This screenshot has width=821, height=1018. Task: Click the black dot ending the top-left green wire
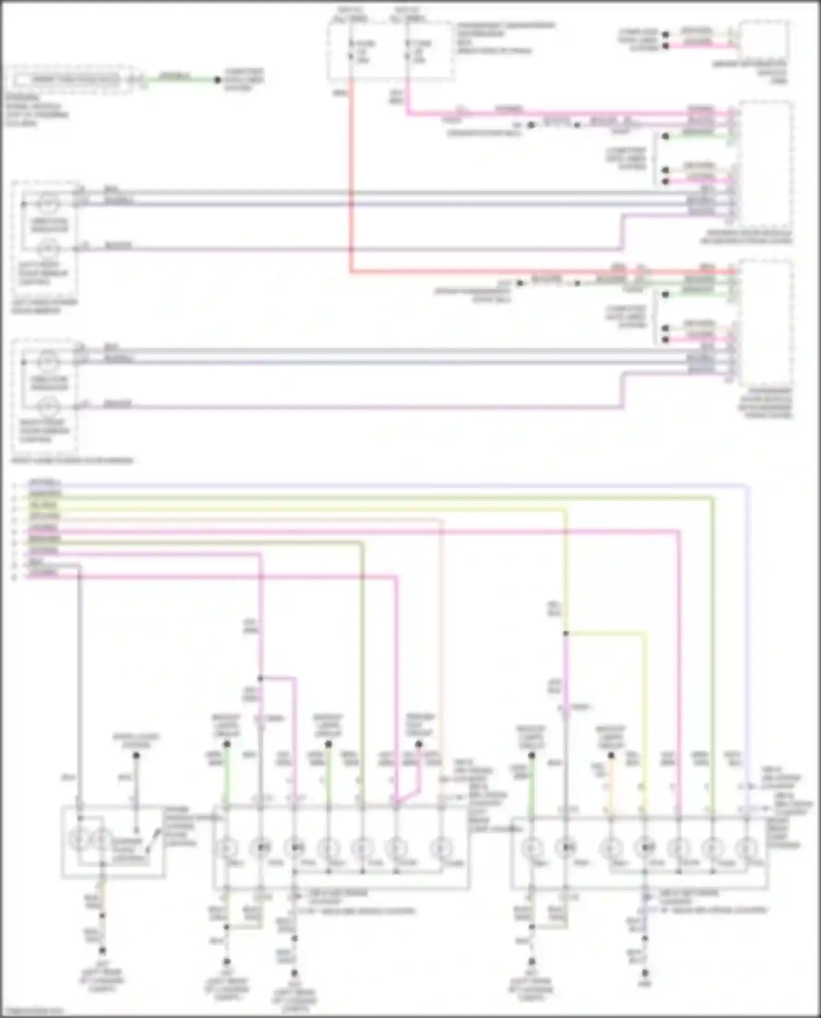point(217,80)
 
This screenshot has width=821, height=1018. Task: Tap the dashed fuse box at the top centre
point(390,50)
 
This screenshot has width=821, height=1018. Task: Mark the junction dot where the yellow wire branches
point(566,633)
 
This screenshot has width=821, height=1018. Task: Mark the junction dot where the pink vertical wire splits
point(261,678)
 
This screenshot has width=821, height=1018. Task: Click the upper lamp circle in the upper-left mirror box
point(48,205)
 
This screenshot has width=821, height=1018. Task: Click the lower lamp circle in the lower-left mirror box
point(48,407)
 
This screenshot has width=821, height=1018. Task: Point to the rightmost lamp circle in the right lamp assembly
point(745,848)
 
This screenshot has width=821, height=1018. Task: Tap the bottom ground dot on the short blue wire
point(645,973)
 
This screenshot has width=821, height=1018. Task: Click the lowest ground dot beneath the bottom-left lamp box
point(102,951)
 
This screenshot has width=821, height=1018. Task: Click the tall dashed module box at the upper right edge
point(765,164)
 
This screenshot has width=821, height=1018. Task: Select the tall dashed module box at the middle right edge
point(765,323)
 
